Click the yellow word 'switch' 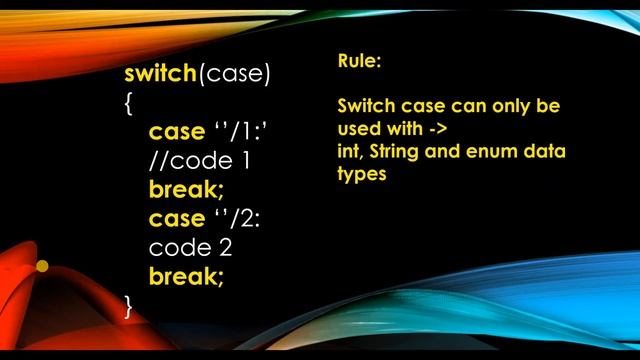(x=161, y=75)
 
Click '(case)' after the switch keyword (x=235, y=75)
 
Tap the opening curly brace (x=129, y=103)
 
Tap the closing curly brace (x=129, y=305)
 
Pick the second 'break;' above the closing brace (x=187, y=276)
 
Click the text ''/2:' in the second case (x=239, y=218)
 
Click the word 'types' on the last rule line (x=362, y=174)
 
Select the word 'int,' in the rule (x=351, y=152)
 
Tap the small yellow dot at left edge (x=42, y=266)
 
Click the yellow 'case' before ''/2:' (x=176, y=218)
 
